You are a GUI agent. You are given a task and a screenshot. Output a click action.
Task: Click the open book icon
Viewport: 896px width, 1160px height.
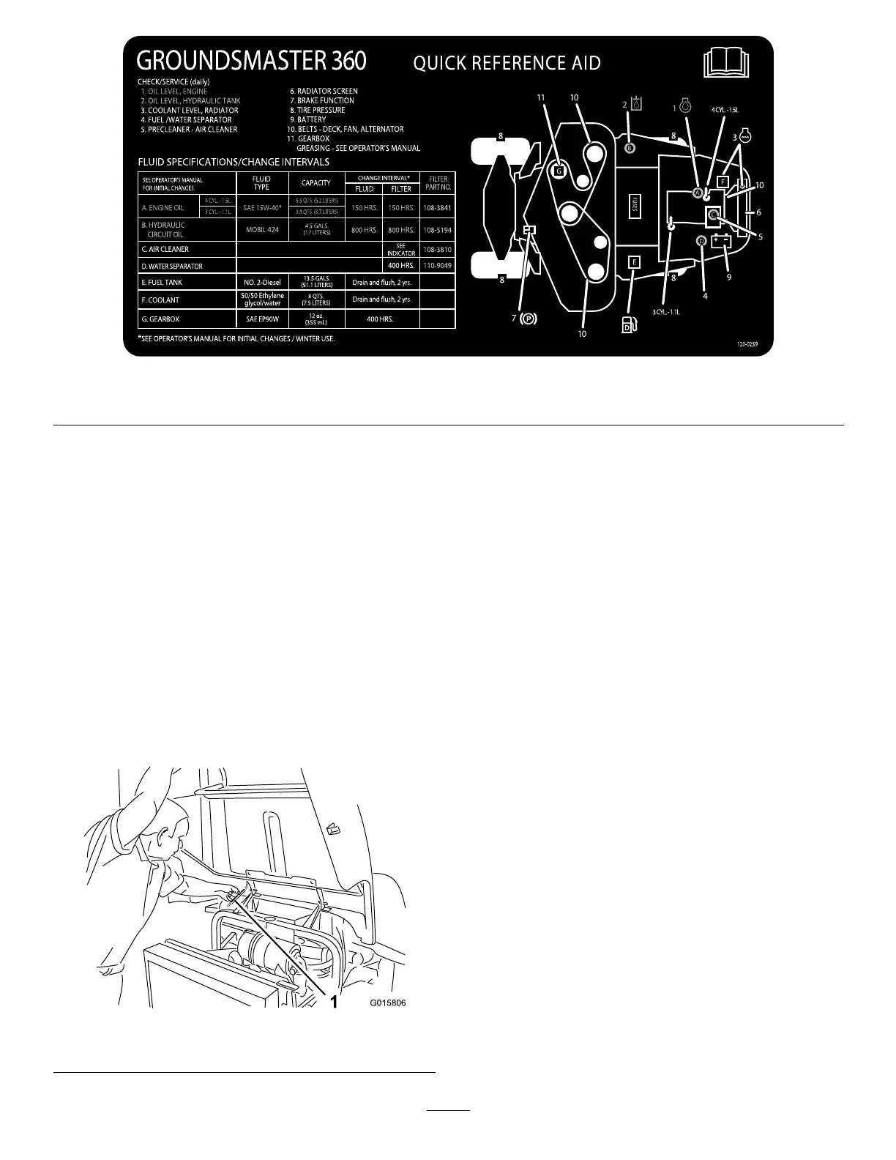coord(727,64)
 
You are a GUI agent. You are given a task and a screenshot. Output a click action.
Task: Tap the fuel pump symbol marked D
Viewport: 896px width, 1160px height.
coord(627,325)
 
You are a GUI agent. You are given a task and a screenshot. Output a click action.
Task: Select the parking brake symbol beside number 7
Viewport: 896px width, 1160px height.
coord(527,319)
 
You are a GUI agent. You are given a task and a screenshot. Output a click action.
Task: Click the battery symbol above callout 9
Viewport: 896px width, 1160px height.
coord(721,241)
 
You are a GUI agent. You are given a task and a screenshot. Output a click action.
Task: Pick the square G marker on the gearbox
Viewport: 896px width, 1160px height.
coord(558,171)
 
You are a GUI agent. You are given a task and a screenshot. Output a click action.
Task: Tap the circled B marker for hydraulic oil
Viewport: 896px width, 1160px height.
coord(630,148)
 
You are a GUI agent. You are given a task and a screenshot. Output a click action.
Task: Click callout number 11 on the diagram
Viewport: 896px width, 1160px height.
coord(541,97)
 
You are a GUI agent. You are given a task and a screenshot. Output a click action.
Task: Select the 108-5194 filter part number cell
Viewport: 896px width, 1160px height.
coord(438,230)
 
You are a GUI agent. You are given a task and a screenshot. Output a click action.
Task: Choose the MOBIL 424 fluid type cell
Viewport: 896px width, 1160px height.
coord(262,230)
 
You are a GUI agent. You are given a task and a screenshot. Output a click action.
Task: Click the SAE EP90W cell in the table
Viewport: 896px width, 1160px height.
coord(262,319)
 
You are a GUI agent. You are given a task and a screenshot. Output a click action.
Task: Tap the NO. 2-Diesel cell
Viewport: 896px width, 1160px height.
coord(262,282)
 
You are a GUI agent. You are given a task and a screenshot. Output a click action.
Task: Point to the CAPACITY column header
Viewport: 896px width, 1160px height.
coord(316,182)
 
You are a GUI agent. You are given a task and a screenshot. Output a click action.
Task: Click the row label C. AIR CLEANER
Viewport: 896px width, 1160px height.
coord(165,249)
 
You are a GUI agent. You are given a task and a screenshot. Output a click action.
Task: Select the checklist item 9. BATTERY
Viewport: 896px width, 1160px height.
coord(307,119)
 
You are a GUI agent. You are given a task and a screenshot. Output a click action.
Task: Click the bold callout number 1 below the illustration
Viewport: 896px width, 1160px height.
coord(333,1003)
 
